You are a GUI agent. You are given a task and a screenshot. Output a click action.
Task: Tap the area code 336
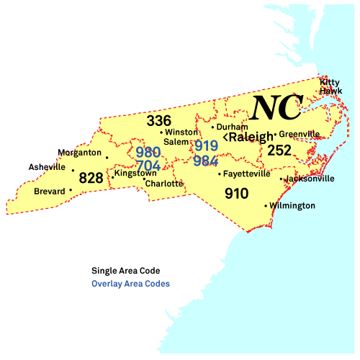[x=158, y=120]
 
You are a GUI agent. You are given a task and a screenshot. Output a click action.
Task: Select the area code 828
[x=91, y=178]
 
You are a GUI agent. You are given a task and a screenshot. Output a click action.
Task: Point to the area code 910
[x=236, y=193]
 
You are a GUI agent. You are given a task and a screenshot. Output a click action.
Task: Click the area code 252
[x=279, y=150]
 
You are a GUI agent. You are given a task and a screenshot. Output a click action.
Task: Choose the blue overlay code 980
[x=148, y=153]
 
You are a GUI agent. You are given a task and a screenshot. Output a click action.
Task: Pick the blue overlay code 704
[x=148, y=166]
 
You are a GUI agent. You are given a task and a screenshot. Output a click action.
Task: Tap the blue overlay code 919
[x=206, y=145]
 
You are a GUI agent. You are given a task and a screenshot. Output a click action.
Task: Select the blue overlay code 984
[x=206, y=159]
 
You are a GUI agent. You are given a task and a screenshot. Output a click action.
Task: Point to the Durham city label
[x=232, y=127]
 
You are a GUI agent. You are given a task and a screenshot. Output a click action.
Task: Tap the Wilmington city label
[x=293, y=206]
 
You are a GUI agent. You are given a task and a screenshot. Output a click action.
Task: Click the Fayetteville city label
[x=247, y=174]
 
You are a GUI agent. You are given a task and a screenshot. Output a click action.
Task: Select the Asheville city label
[x=47, y=166]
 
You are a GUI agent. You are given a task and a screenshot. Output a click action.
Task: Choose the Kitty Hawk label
[x=330, y=86]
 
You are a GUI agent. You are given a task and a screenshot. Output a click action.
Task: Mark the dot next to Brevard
[x=71, y=191]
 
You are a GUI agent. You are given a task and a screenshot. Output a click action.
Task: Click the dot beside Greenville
[x=275, y=134]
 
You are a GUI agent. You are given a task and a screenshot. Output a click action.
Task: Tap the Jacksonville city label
[x=310, y=179]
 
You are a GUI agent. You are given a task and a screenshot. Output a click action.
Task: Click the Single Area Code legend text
[x=125, y=271]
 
